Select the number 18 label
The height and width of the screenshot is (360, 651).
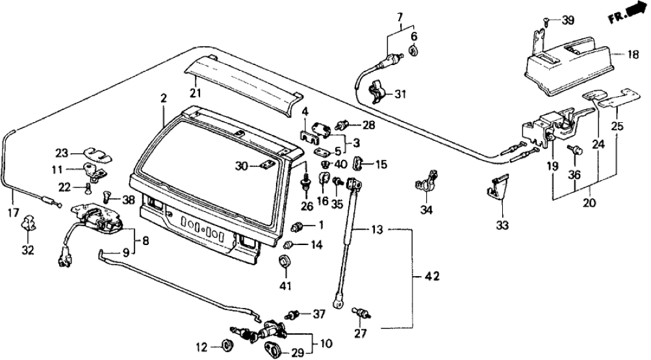633,55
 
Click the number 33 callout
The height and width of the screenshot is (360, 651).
504,225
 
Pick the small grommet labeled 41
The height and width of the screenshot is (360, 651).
284,263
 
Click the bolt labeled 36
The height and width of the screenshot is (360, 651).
577,150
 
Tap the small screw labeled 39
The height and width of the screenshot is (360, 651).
547,21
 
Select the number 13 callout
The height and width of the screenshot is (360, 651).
377,229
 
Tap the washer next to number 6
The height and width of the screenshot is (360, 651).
413,51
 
